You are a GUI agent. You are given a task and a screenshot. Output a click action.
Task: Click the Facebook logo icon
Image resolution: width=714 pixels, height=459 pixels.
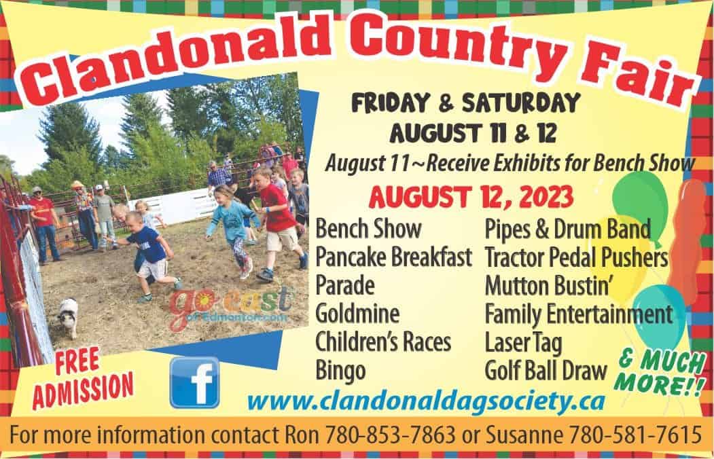[x=194, y=382]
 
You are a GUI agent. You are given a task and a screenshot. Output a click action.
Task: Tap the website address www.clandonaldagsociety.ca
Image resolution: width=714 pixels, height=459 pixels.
[x=426, y=401]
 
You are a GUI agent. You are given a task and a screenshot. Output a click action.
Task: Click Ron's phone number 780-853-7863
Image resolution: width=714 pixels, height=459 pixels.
[x=390, y=434]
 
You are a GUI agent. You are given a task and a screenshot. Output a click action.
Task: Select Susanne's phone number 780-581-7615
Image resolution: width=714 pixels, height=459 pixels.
[x=635, y=434]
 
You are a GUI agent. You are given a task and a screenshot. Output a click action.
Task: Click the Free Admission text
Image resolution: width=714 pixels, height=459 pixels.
[x=83, y=378]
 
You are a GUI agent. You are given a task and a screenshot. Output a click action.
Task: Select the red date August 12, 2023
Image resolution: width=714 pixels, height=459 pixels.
[x=471, y=197]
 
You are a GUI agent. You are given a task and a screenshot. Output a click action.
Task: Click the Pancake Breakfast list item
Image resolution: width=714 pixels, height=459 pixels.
[x=393, y=257]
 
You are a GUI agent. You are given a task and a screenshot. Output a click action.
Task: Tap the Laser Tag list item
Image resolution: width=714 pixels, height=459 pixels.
[x=524, y=342]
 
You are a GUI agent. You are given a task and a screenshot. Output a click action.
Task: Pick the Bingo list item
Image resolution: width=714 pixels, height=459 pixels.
[x=340, y=371]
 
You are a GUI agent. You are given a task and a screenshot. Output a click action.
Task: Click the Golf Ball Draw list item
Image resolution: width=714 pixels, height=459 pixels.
[x=546, y=371]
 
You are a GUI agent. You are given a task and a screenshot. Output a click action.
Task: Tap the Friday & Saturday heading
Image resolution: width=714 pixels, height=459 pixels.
[x=466, y=103]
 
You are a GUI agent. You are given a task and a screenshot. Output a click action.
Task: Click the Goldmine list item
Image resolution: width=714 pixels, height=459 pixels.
[x=357, y=314]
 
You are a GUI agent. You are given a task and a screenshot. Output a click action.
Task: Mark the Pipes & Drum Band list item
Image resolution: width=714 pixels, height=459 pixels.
[x=568, y=229]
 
